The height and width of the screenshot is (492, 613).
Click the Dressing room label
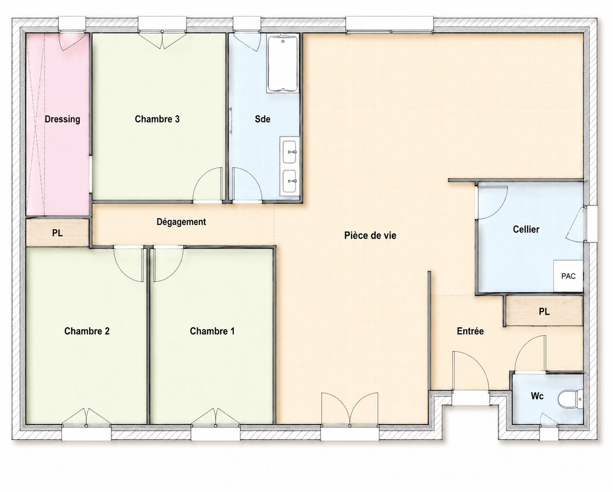(62, 119)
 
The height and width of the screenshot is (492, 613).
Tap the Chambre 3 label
(157, 119)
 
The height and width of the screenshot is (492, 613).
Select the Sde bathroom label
(263, 119)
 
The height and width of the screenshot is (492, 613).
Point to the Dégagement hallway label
(181, 222)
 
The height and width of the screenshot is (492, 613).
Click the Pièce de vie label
(370, 235)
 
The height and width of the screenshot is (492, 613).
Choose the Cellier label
(526, 230)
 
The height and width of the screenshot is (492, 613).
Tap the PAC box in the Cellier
(568, 276)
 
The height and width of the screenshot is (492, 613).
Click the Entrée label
(470, 331)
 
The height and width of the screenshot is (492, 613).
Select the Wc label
(537, 396)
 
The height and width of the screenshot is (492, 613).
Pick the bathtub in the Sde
(283, 63)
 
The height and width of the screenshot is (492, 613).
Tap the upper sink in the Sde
(290, 152)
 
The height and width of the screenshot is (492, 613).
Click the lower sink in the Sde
(290, 181)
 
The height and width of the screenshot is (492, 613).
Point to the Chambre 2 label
(87, 331)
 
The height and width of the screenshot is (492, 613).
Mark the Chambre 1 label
(212, 331)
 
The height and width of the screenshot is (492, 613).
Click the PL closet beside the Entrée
(544, 311)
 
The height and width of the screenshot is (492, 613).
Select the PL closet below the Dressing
(57, 233)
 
